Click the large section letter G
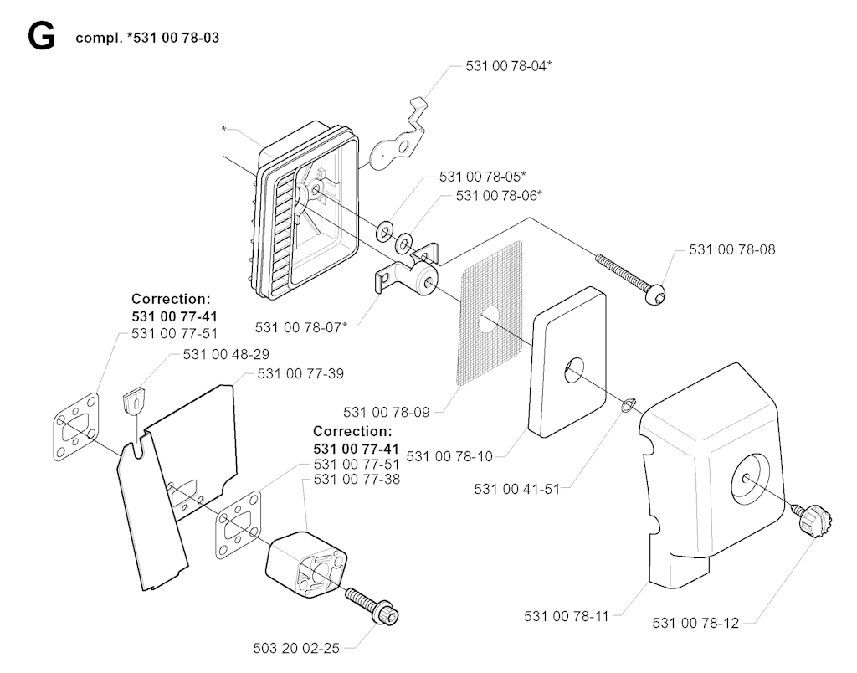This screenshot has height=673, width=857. click(x=41, y=37)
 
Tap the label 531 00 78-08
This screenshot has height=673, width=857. click(x=732, y=249)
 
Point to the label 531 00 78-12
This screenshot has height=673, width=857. click(x=695, y=623)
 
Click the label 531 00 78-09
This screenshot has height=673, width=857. click(x=386, y=411)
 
